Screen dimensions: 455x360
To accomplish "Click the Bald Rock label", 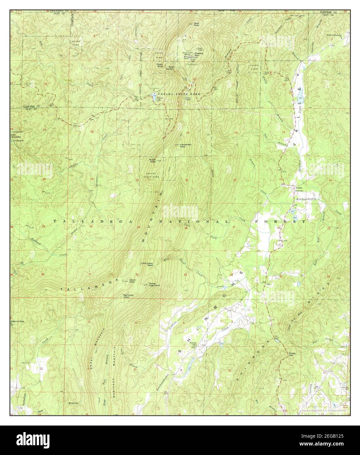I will (x=197, y=24).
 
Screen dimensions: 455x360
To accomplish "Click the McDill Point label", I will (x=152, y=161).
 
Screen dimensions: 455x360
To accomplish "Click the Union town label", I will (x=298, y=188).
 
